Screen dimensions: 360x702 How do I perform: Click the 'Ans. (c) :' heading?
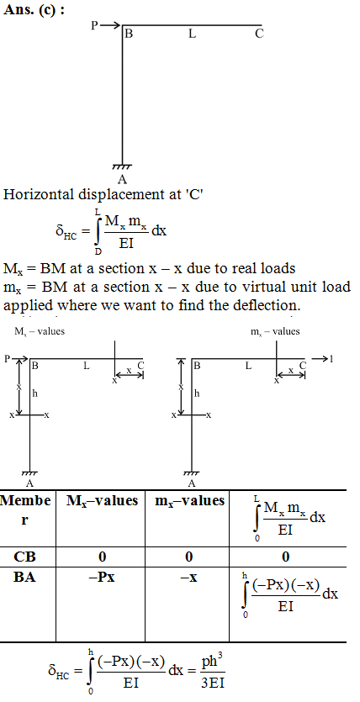coord(34,10)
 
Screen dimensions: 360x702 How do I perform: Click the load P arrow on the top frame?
coord(110,25)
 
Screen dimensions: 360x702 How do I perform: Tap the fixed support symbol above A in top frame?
coord(122,167)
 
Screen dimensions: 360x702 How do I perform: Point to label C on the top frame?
coord(259,34)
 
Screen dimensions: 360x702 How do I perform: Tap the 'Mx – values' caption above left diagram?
coord(40,332)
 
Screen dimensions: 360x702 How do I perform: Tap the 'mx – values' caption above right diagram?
coord(275,332)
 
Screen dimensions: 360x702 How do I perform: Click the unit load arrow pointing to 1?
coord(320,359)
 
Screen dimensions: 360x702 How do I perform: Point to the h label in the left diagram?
coord(35,393)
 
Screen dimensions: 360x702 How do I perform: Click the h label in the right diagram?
coord(197,393)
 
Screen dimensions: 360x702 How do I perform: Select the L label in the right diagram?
coord(248,367)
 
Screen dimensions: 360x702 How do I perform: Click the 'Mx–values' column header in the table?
coord(102,500)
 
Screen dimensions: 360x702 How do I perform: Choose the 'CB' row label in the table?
coord(24,557)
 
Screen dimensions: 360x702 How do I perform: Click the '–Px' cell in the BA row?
coord(102,578)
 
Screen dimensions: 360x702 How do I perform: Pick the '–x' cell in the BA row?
coord(188,578)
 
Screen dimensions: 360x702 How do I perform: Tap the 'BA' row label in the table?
coord(24,578)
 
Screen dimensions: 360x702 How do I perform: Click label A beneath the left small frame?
coord(29,483)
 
